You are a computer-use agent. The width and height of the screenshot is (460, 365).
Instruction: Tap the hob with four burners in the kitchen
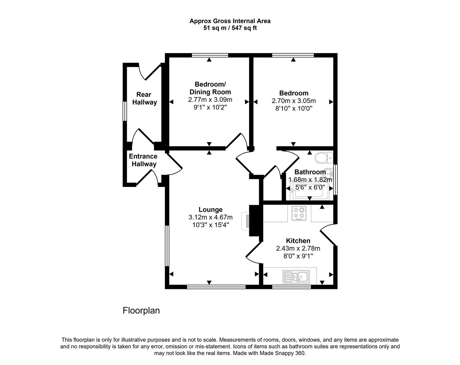click(x=299, y=214)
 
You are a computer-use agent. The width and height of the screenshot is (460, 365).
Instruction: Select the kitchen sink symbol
click(x=296, y=277)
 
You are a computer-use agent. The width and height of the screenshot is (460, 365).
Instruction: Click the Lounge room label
click(x=210, y=210)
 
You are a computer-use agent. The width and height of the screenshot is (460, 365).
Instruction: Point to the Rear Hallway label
click(x=144, y=98)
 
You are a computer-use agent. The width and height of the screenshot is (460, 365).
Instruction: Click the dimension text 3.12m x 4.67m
click(x=210, y=217)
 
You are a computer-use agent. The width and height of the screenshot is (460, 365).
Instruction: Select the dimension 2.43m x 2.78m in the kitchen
click(x=298, y=248)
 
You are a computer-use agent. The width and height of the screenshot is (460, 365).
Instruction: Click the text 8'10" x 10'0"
click(x=293, y=108)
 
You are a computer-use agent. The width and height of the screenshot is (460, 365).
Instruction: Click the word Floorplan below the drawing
click(x=141, y=310)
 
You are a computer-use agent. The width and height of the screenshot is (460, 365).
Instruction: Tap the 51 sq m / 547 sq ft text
click(x=230, y=28)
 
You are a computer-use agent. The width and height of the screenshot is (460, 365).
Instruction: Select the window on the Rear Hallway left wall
click(x=124, y=111)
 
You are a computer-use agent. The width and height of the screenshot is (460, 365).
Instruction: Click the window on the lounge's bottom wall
click(x=216, y=287)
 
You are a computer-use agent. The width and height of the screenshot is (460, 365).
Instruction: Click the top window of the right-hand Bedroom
click(x=293, y=55)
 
